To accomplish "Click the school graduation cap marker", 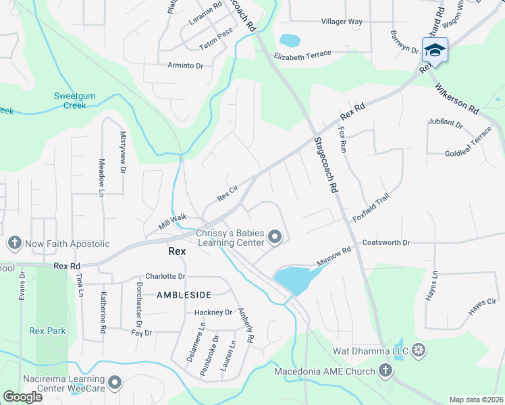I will pos(435,50).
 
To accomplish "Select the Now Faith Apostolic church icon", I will pos(14,243).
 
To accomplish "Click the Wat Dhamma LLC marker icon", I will pos(419,350).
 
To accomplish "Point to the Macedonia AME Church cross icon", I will pos(385,371).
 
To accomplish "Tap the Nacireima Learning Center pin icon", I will pos(115,383).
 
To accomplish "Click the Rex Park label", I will pos(47,331).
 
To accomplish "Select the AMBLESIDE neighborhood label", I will pos(184,295).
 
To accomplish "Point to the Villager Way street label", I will pos(342,22).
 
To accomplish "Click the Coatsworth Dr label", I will pos(386,242).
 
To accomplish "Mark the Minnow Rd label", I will pos(334,256).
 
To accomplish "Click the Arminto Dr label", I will pos(185,65).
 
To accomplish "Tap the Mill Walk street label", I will pos(173,221).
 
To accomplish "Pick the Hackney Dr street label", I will pos(213,313).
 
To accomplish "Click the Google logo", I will pos(22,398).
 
